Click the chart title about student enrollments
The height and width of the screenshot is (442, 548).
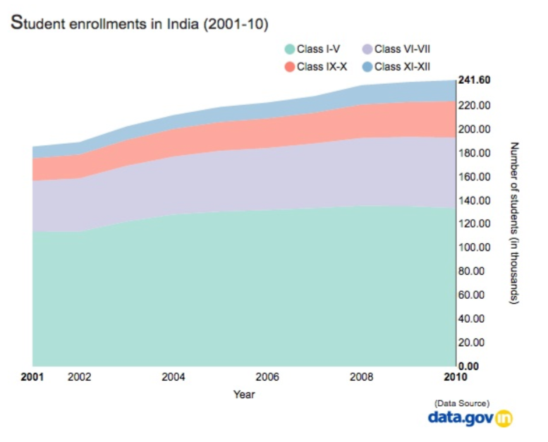(x=140, y=23)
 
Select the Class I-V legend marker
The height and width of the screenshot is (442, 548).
(x=289, y=49)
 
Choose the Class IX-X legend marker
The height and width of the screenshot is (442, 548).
(x=289, y=67)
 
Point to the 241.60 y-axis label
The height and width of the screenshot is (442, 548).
(x=474, y=80)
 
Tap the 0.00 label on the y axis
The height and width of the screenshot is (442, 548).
(x=470, y=366)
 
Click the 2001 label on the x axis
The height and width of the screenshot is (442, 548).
(x=32, y=377)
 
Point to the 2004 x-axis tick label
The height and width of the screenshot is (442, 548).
(x=173, y=377)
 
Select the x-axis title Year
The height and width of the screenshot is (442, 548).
(x=244, y=395)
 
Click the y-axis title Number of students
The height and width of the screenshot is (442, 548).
(x=514, y=223)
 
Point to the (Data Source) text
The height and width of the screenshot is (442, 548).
(x=462, y=403)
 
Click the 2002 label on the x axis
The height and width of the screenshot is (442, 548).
(x=79, y=377)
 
